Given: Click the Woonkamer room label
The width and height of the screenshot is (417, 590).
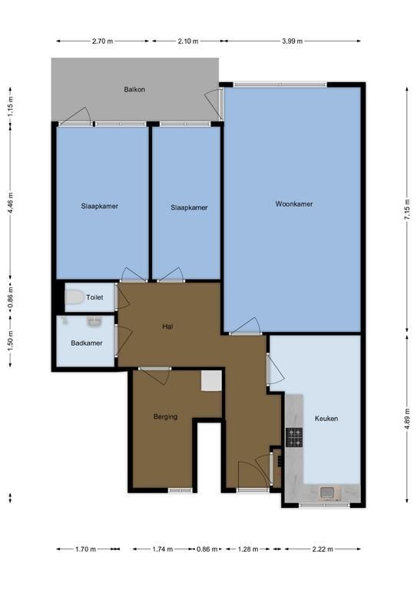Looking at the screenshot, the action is coord(294,204).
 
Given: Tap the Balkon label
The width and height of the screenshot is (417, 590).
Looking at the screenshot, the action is coord(134,90).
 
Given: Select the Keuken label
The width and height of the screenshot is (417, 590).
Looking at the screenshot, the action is coord(326,419).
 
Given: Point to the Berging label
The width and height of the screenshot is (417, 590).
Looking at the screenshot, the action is coord(165,416).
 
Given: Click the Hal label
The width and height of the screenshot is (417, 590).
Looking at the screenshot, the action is coord(167,326).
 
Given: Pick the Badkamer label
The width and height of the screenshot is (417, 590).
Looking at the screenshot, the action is coord(87,343).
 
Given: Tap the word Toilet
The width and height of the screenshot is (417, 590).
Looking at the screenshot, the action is coord(94,297).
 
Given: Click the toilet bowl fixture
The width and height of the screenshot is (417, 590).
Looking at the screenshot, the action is coord(74,297).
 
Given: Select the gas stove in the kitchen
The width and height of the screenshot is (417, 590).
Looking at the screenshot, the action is coord(294,438).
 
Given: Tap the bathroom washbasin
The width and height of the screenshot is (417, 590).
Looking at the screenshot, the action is coord(94,321).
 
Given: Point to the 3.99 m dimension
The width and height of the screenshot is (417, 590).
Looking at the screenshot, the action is coord(292,41).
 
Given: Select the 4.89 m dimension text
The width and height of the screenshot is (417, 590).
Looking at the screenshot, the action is coord(407,418).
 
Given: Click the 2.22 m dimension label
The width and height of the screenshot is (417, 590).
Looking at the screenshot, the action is coord(323,549).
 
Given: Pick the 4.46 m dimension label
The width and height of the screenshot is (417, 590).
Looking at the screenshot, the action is coord(10,203).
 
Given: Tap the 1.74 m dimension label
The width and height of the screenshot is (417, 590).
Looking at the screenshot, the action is coord(163,549).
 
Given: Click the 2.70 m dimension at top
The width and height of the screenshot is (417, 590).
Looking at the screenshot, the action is coord(102,41).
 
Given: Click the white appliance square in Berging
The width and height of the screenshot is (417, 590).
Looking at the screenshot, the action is coord(211,381).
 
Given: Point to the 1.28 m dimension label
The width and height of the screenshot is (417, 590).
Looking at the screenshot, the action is coord(248,549).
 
